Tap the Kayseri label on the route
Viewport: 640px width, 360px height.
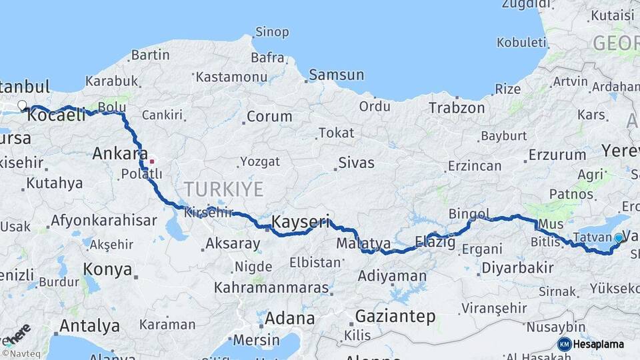301,221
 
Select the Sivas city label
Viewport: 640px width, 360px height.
356,163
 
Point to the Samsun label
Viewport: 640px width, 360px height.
336,75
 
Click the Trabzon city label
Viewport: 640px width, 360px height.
457,107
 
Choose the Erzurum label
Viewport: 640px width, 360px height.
557,155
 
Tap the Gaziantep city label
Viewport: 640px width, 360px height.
395,316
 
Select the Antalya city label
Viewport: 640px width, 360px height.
89,326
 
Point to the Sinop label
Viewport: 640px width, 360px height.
272,32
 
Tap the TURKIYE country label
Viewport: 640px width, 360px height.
224,189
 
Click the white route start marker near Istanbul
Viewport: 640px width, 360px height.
22,105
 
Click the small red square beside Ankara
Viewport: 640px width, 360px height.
152,161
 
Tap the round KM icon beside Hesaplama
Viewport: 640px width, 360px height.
564,344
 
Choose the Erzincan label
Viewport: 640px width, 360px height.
475,165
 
